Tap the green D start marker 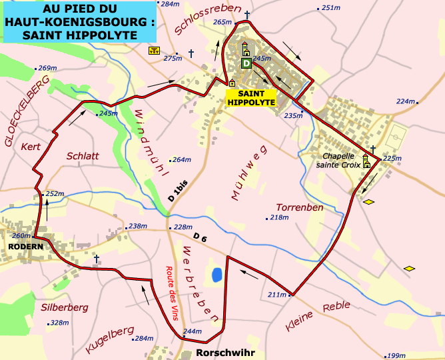click(246, 63)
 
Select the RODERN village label click(26, 247)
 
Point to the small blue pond click(216, 274)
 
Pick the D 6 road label click(201, 237)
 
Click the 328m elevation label click(59, 323)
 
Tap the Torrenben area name click(299, 207)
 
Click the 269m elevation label click(47, 68)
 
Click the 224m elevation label click(405, 101)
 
